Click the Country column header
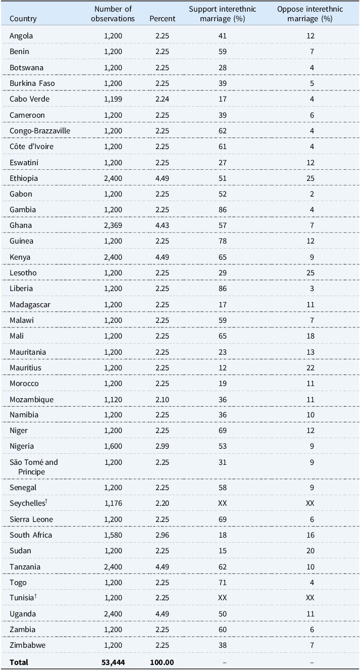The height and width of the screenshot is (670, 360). pyautogui.click(x=23, y=19)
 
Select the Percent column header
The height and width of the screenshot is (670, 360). pyautogui.click(x=163, y=19)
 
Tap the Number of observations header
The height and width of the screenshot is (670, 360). pyautogui.click(x=113, y=14)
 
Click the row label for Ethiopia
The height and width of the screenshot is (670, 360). pyautogui.click(x=24, y=178)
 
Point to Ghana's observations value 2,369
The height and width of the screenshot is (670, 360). pyautogui.click(x=113, y=225)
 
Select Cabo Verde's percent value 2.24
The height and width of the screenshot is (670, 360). pyautogui.click(x=162, y=99)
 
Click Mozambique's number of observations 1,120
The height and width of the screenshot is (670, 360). pyautogui.click(x=113, y=399)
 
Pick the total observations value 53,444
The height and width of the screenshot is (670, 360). pyautogui.click(x=113, y=662)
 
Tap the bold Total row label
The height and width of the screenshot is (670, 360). pyautogui.click(x=19, y=662)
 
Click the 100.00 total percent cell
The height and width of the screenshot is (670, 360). pyautogui.click(x=162, y=662)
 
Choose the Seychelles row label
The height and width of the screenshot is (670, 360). pyautogui.click(x=28, y=503)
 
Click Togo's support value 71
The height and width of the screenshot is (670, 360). pyautogui.click(x=223, y=583)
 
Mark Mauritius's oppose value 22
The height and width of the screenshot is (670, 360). pyautogui.click(x=311, y=368)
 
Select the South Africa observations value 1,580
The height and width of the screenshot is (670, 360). pyautogui.click(x=113, y=535)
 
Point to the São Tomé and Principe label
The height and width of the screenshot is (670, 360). pyautogui.click(x=34, y=466)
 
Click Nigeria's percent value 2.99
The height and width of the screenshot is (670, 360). pyautogui.click(x=162, y=446)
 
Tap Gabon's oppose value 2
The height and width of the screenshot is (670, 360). pyautogui.click(x=312, y=194)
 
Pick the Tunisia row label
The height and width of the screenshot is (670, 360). pyautogui.click(x=23, y=598)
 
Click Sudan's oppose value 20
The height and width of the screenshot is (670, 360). pyautogui.click(x=311, y=551)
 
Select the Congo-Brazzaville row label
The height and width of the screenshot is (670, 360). pyautogui.click(x=40, y=131)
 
